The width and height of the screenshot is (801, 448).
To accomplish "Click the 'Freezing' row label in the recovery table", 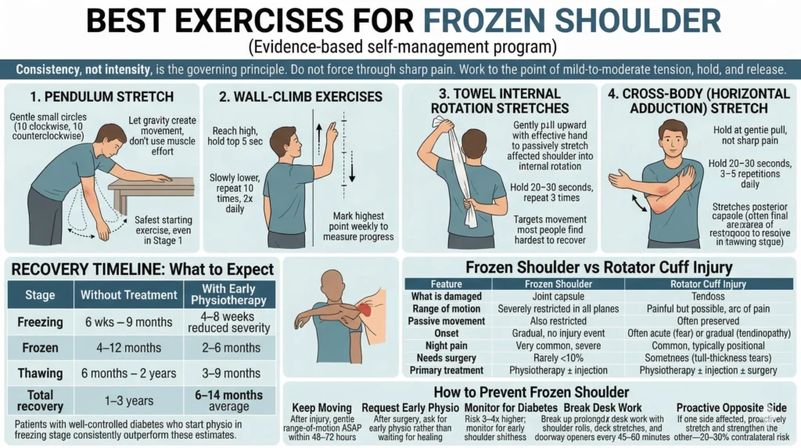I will tap(40, 321).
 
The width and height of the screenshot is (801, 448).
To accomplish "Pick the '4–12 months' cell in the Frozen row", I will tap(130, 347).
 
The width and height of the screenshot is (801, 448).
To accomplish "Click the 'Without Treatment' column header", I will tap(130, 295).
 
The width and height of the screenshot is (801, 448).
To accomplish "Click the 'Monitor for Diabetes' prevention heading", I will tap(510, 408).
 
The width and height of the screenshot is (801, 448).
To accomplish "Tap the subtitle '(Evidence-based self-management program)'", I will tap(400, 46).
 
